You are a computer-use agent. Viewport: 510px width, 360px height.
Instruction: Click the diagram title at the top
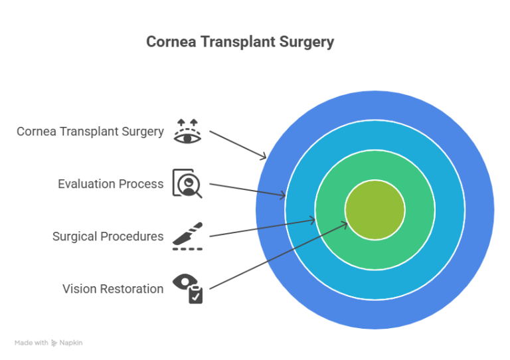coord(240,42)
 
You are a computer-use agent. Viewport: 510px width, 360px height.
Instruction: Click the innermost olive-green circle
coord(375,209)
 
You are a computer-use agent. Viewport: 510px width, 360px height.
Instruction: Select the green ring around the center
coord(375,252)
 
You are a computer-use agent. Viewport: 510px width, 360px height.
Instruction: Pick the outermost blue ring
coord(375,315)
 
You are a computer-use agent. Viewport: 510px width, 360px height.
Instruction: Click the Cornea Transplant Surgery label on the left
coord(90,132)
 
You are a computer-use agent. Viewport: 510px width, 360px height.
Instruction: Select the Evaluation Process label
coord(110,184)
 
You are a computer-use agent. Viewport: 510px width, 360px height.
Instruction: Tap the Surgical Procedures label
coord(108,236)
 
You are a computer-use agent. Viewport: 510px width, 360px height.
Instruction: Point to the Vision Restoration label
coord(113,289)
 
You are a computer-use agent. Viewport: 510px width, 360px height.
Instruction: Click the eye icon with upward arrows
coord(187,130)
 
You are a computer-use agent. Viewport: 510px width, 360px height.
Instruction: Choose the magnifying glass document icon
coord(187,183)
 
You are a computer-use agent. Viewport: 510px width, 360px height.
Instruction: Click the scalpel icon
coord(187,236)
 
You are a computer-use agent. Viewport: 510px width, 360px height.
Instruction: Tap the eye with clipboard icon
coord(187,288)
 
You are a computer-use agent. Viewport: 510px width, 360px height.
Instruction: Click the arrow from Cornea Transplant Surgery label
coord(238,144)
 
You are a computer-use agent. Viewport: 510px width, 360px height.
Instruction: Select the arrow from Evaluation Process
coord(247,189)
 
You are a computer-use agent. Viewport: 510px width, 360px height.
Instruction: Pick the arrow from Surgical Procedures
coord(262,227)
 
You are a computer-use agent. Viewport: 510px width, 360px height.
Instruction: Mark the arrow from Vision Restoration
coord(279,256)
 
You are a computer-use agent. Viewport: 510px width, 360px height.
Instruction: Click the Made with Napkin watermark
coord(48,343)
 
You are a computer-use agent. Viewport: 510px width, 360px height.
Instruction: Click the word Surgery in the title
coord(307,42)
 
